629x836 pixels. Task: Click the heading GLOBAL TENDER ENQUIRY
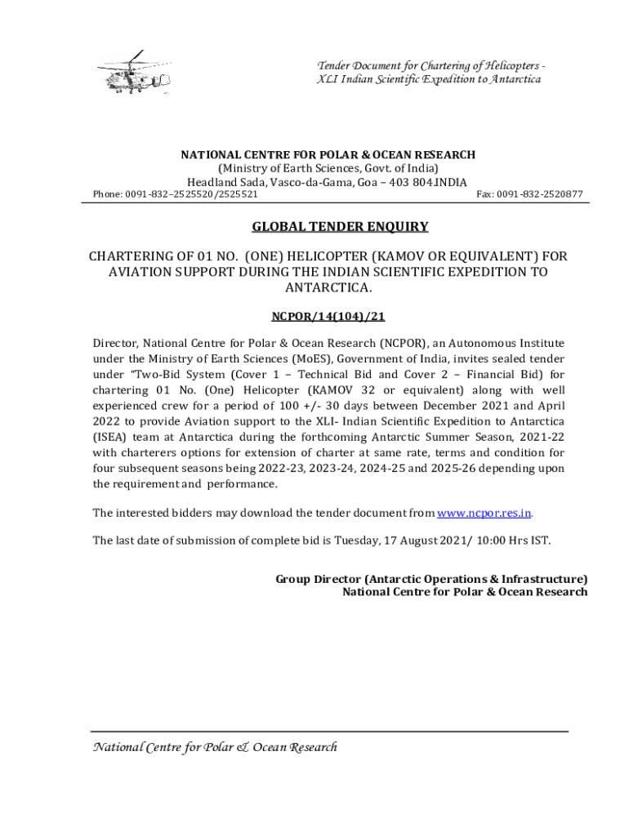pos(339,226)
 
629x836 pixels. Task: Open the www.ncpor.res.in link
pos(484,513)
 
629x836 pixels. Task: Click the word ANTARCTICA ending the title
pos(328,287)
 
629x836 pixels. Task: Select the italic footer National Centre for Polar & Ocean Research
pos(214,747)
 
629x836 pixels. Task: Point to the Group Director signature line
pos(431,579)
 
